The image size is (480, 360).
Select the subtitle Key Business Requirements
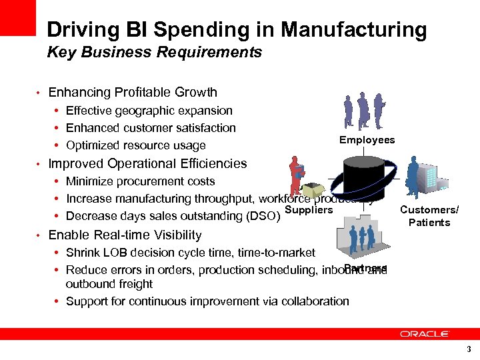click(x=154, y=52)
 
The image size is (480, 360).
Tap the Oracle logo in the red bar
click(x=425, y=334)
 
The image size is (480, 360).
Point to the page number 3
click(x=469, y=349)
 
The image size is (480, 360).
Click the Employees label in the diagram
click(x=367, y=140)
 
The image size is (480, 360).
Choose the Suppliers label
click(x=308, y=210)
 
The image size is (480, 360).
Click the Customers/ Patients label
click(x=429, y=216)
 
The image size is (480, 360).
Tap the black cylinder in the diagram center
click(x=364, y=180)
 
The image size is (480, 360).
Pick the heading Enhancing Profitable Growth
click(x=133, y=93)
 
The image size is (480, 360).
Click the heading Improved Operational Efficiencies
click(x=147, y=163)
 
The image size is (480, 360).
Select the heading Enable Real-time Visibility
click(x=125, y=235)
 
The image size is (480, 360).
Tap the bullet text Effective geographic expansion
click(x=149, y=111)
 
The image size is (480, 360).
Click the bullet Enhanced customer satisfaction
click(x=151, y=128)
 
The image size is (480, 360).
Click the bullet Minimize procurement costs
click(x=140, y=181)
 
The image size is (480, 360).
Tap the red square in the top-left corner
click(x=17, y=17)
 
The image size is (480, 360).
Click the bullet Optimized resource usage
click(x=136, y=145)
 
